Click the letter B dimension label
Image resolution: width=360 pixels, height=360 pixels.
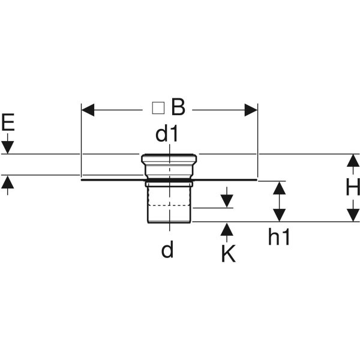coord(178,108)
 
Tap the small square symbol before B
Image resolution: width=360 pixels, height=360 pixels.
coord(158,108)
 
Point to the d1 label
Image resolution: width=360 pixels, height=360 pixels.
coord(167,134)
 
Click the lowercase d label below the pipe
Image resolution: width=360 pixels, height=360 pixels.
coord(167,249)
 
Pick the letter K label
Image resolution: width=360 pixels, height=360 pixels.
coord(227,254)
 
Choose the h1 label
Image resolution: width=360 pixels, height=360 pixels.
coord(279,238)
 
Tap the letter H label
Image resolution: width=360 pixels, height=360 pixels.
coord(352,188)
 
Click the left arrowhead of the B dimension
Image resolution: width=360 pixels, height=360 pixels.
coord(88,110)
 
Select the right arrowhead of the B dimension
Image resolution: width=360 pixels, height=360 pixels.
coord(250,110)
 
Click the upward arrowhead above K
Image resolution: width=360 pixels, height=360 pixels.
coord(227,229)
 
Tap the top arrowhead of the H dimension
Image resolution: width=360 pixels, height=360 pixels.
coord(352,161)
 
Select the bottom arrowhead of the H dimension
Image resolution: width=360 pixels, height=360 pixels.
coord(352,214)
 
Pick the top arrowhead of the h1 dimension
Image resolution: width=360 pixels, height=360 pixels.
coord(279,187)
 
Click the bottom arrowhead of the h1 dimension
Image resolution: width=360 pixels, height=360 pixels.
coord(279,214)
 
